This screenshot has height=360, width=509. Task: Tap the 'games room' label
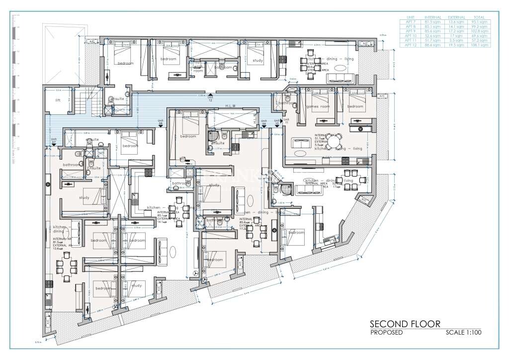[x=316, y=107]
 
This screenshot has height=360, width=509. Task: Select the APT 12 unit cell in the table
[x=411, y=45]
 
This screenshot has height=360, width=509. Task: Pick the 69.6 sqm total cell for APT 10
[x=481, y=36]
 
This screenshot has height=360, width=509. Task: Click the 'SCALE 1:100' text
[x=464, y=332]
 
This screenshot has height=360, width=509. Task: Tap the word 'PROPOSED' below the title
[x=387, y=332]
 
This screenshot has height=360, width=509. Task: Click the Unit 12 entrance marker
[x=210, y=98]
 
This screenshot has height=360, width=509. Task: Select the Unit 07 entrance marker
[x=54, y=141]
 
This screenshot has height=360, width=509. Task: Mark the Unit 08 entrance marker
[x=161, y=123]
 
